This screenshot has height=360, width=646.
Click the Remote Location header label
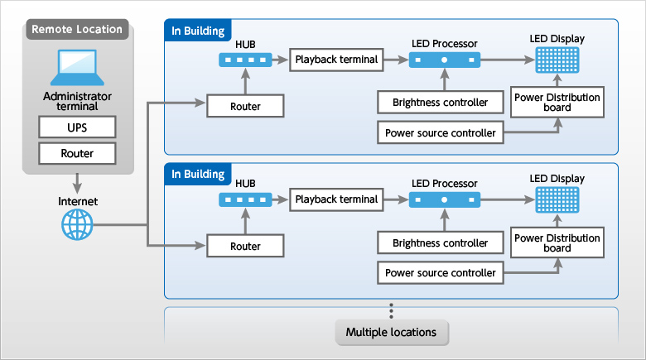[x=77, y=30]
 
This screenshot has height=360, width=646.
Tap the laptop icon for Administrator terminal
[x=77, y=68]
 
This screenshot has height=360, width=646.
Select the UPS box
[x=77, y=127]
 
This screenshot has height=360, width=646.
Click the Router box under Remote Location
[x=77, y=153]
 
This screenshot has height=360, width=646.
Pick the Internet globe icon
[x=77, y=223]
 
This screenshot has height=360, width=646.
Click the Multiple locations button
[x=391, y=332]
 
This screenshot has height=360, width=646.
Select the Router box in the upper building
[x=245, y=106]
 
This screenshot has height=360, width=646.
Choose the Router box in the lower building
[x=245, y=246]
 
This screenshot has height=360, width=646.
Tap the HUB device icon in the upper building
[x=245, y=60]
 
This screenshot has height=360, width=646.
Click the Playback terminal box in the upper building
[x=336, y=60]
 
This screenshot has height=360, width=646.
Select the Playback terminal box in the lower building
[x=336, y=199]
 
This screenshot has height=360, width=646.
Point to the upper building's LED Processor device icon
[x=444, y=60]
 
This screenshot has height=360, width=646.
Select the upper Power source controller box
[x=440, y=132]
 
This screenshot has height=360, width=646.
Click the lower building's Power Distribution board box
[x=557, y=242]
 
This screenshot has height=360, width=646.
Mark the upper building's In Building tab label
[x=197, y=31]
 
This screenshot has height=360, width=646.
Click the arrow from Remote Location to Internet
[x=77, y=180]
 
